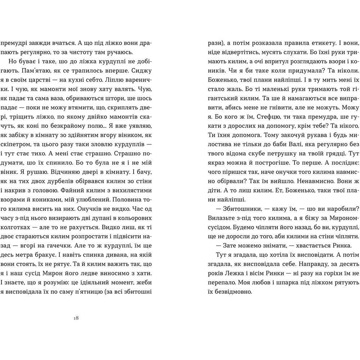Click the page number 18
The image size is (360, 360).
click(76, 318)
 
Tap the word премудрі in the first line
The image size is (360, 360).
click(14, 42)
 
